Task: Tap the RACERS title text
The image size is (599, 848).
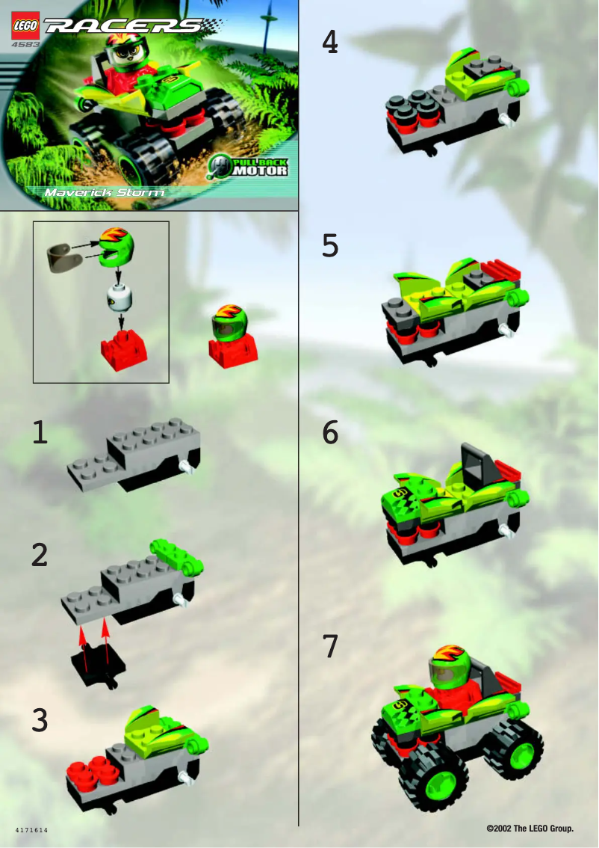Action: click(x=123, y=27)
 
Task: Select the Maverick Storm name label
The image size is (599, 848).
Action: click(x=104, y=192)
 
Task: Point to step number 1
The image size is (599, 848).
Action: click(x=40, y=433)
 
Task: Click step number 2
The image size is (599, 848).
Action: click(x=40, y=554)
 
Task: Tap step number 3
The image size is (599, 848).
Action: click(x=40, y=719)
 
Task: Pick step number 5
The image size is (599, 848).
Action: click(x=329, y=245)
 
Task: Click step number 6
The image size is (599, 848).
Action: click(x=329, y=433)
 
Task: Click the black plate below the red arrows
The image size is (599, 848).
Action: click(x=97, y=663)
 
